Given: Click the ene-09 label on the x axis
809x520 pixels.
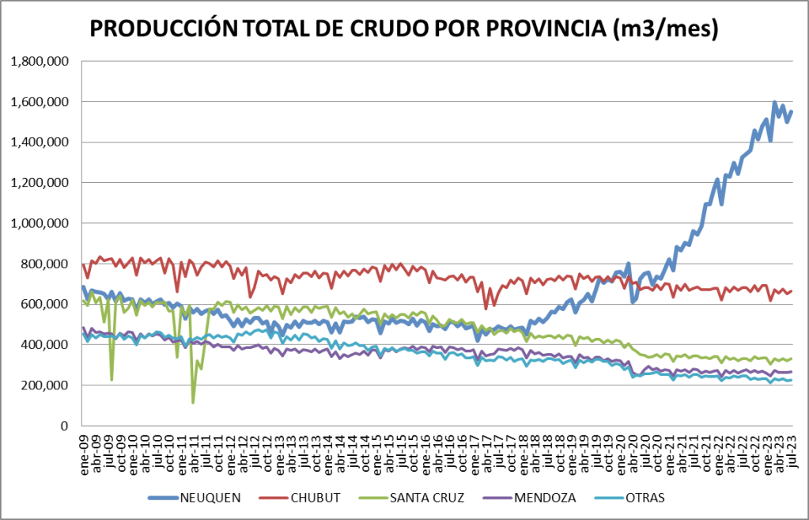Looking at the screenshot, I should (x=85, y=447).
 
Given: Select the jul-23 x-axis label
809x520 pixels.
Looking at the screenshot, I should (x=792, y=447).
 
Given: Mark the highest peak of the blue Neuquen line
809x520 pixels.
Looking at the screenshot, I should (x=774, y=102).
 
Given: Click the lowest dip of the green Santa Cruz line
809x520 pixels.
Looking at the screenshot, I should (x=193, y=403).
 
